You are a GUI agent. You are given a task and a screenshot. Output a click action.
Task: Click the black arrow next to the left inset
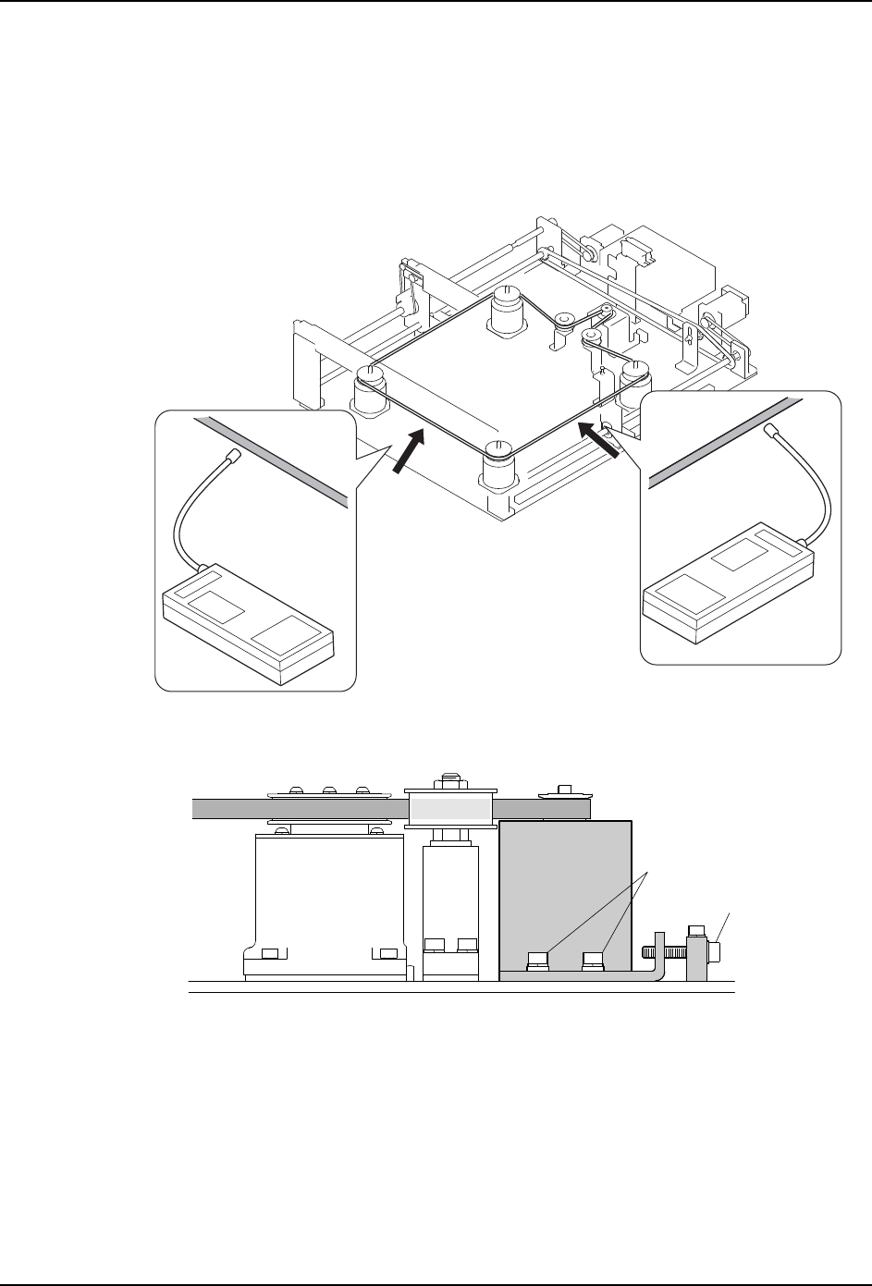pos(407,454)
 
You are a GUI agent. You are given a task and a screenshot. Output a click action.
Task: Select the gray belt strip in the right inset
pos(720,439)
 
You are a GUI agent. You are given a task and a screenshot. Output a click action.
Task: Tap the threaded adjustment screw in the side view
pos(657,949)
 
